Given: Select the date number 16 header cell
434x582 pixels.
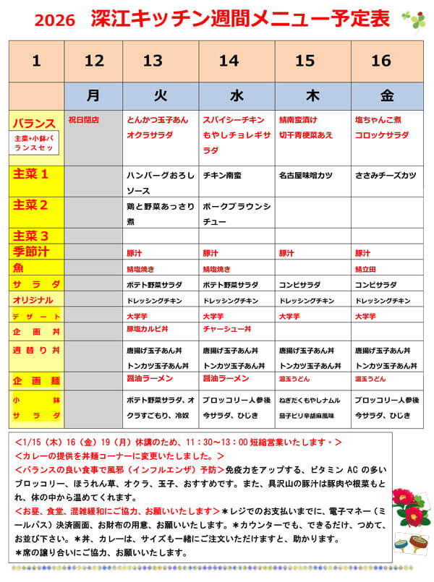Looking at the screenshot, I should coord(381,61).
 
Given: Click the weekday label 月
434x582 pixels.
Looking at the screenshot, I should coord(93,95).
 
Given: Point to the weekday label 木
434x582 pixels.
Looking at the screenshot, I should coord(305,95).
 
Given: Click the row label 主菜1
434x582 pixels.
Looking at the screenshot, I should coord(30,174).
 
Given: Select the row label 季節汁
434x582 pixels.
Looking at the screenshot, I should coord(30,252).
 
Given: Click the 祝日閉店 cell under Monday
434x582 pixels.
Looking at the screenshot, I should coord(83,119).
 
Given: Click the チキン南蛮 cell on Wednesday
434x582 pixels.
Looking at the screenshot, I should coord(226,175).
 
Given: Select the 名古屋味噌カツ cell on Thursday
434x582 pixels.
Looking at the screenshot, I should coord(305,175).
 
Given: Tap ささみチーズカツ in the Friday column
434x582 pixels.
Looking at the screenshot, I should coord(386,175).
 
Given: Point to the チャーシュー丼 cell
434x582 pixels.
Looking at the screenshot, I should coord(227,329).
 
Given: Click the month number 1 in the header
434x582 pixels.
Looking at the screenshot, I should coord(36,61).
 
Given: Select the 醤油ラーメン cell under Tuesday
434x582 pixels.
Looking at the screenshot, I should coord(150,378).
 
